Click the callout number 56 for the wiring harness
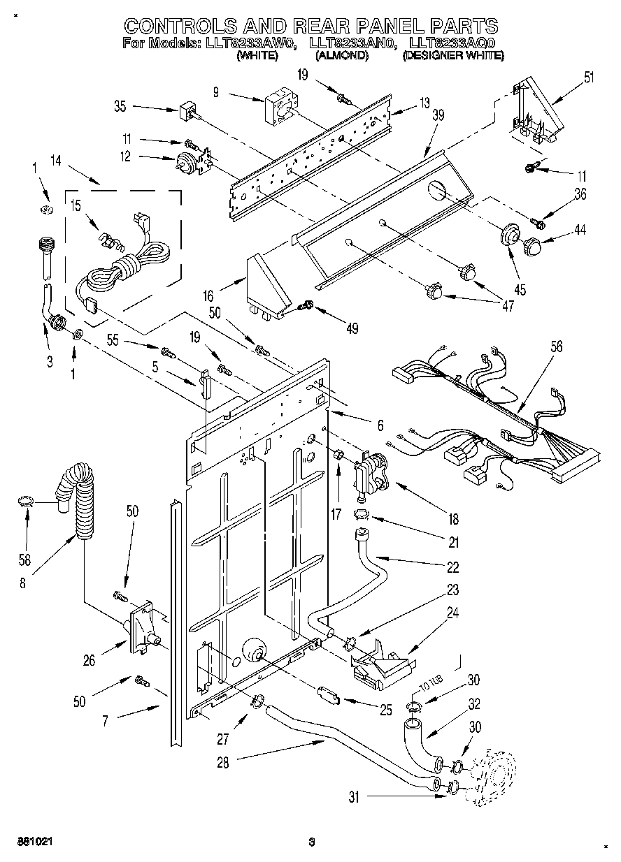tap(556, 346)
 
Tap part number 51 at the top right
tap(589, 78)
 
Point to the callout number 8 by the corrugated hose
tap(23, 583)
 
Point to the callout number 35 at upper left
tap(120, 107)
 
